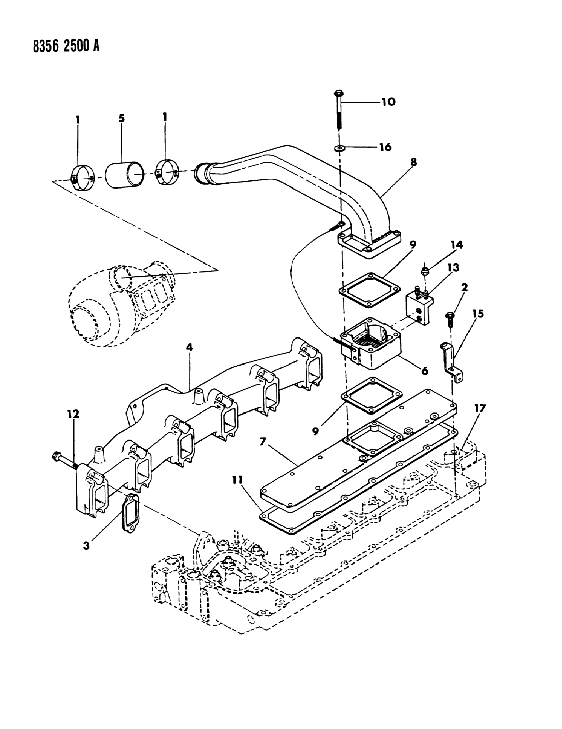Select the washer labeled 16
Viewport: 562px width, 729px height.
(340, 148)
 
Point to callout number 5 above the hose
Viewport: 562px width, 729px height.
(121, 118)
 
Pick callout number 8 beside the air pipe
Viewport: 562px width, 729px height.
(413, 162)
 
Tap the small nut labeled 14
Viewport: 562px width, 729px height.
(424, 271)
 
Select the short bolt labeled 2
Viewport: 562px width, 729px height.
(449, 316)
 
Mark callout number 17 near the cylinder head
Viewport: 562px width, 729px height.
(479, 409)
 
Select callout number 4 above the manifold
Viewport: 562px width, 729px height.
(189, 347)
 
